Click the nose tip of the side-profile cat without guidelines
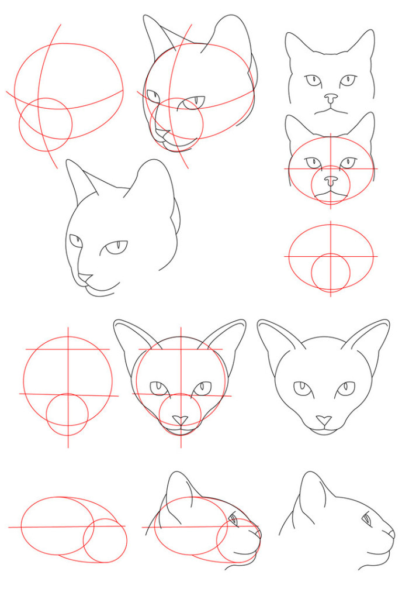coord(392,533)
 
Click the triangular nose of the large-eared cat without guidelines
coord(323,420)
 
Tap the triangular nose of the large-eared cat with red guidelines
coord(181,420)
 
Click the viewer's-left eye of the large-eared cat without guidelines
coord(302,388)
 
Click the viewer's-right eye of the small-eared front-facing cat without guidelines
coord(348,80)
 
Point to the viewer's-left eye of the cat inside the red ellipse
coord(314,162)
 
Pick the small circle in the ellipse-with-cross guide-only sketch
coord(331,272)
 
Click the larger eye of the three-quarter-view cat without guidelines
coord(116,248)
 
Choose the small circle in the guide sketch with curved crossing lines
coord(46,125)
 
